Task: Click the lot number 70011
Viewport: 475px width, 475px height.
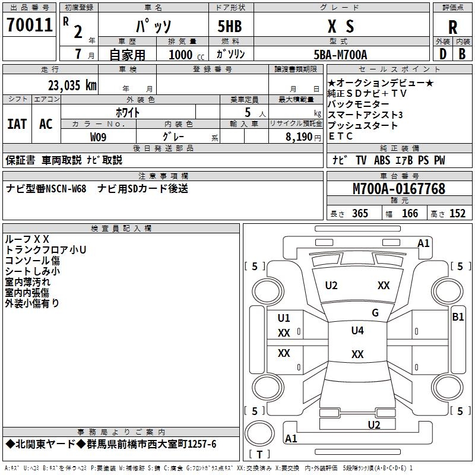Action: (29, 26)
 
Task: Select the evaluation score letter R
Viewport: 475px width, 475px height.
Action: (452, 27)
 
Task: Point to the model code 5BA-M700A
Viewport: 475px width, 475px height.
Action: (340, 55)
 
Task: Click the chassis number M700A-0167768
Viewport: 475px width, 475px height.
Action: (399, 189)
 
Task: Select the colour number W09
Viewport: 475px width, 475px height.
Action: (99, 136)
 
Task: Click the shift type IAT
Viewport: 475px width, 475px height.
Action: (17, 123)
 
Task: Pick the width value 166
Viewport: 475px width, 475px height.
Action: (410, 214)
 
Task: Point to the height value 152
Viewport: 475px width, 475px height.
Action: (457, 214)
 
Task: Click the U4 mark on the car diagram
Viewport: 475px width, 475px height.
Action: (357, 331)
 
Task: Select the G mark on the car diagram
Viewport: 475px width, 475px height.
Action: (375, 313)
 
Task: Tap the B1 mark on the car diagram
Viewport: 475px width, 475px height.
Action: (458, 317)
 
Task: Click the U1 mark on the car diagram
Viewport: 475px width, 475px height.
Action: (284, 318)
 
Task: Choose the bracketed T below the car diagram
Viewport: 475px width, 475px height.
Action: (260, 454)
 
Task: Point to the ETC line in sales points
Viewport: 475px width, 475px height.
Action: (340, 136)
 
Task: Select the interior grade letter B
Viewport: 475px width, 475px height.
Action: (462, 55)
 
